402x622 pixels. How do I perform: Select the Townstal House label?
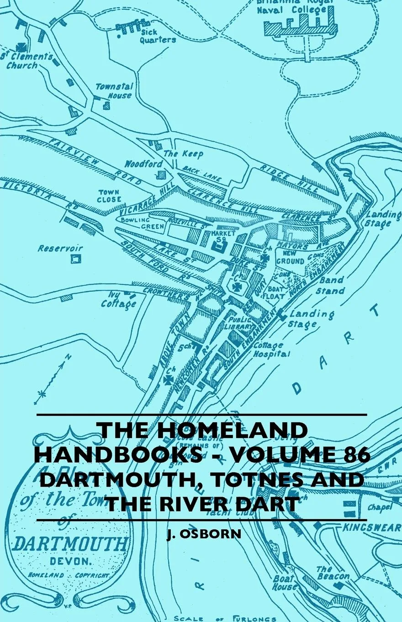[114, 91]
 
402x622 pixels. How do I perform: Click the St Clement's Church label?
[29, 61]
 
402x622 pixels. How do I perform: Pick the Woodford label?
[143, 164]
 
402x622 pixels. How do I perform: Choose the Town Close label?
[109, 196]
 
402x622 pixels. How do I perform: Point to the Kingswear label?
[372, 527]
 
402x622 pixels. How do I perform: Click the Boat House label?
[286, 583]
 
